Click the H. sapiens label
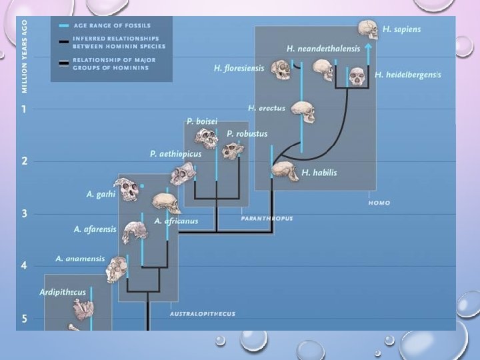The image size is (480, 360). (401, 29)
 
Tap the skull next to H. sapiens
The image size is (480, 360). (367, 29)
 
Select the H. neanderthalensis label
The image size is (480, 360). (323, 49)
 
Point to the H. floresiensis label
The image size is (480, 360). (239, 68)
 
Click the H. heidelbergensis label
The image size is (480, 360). (407, 75)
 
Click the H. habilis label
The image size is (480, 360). (319, 173)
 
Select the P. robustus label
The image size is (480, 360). (243, 133)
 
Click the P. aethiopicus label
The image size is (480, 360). (175, 154)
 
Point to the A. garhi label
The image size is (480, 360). (101, 195)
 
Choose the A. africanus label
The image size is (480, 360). (176, 221)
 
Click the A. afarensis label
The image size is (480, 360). (95, 229)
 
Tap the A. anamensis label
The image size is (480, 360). (80, 259)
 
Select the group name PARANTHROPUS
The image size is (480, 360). (267, 218)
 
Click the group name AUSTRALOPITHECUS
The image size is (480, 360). (202, 313)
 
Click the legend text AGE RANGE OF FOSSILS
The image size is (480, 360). (112, 25)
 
